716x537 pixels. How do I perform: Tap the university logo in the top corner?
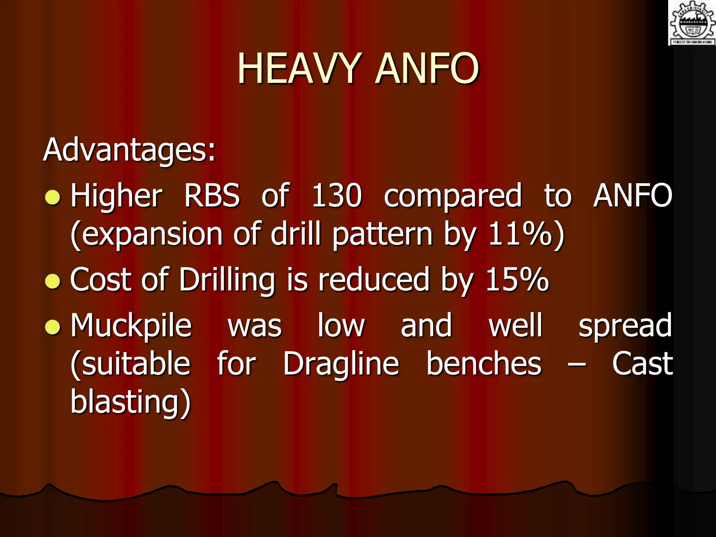[692, 23]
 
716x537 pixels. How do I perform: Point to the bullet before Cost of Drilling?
[53, 281]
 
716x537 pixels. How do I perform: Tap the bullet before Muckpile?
[53, 327]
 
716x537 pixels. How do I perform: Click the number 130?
[336, 196]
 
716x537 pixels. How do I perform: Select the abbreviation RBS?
[212, 196]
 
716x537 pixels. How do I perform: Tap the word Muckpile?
[131, 326]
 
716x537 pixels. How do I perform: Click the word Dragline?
[341, 365]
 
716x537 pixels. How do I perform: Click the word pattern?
[383, 234]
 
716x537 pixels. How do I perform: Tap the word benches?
[484, 364]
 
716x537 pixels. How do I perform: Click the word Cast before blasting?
[642, 364]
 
